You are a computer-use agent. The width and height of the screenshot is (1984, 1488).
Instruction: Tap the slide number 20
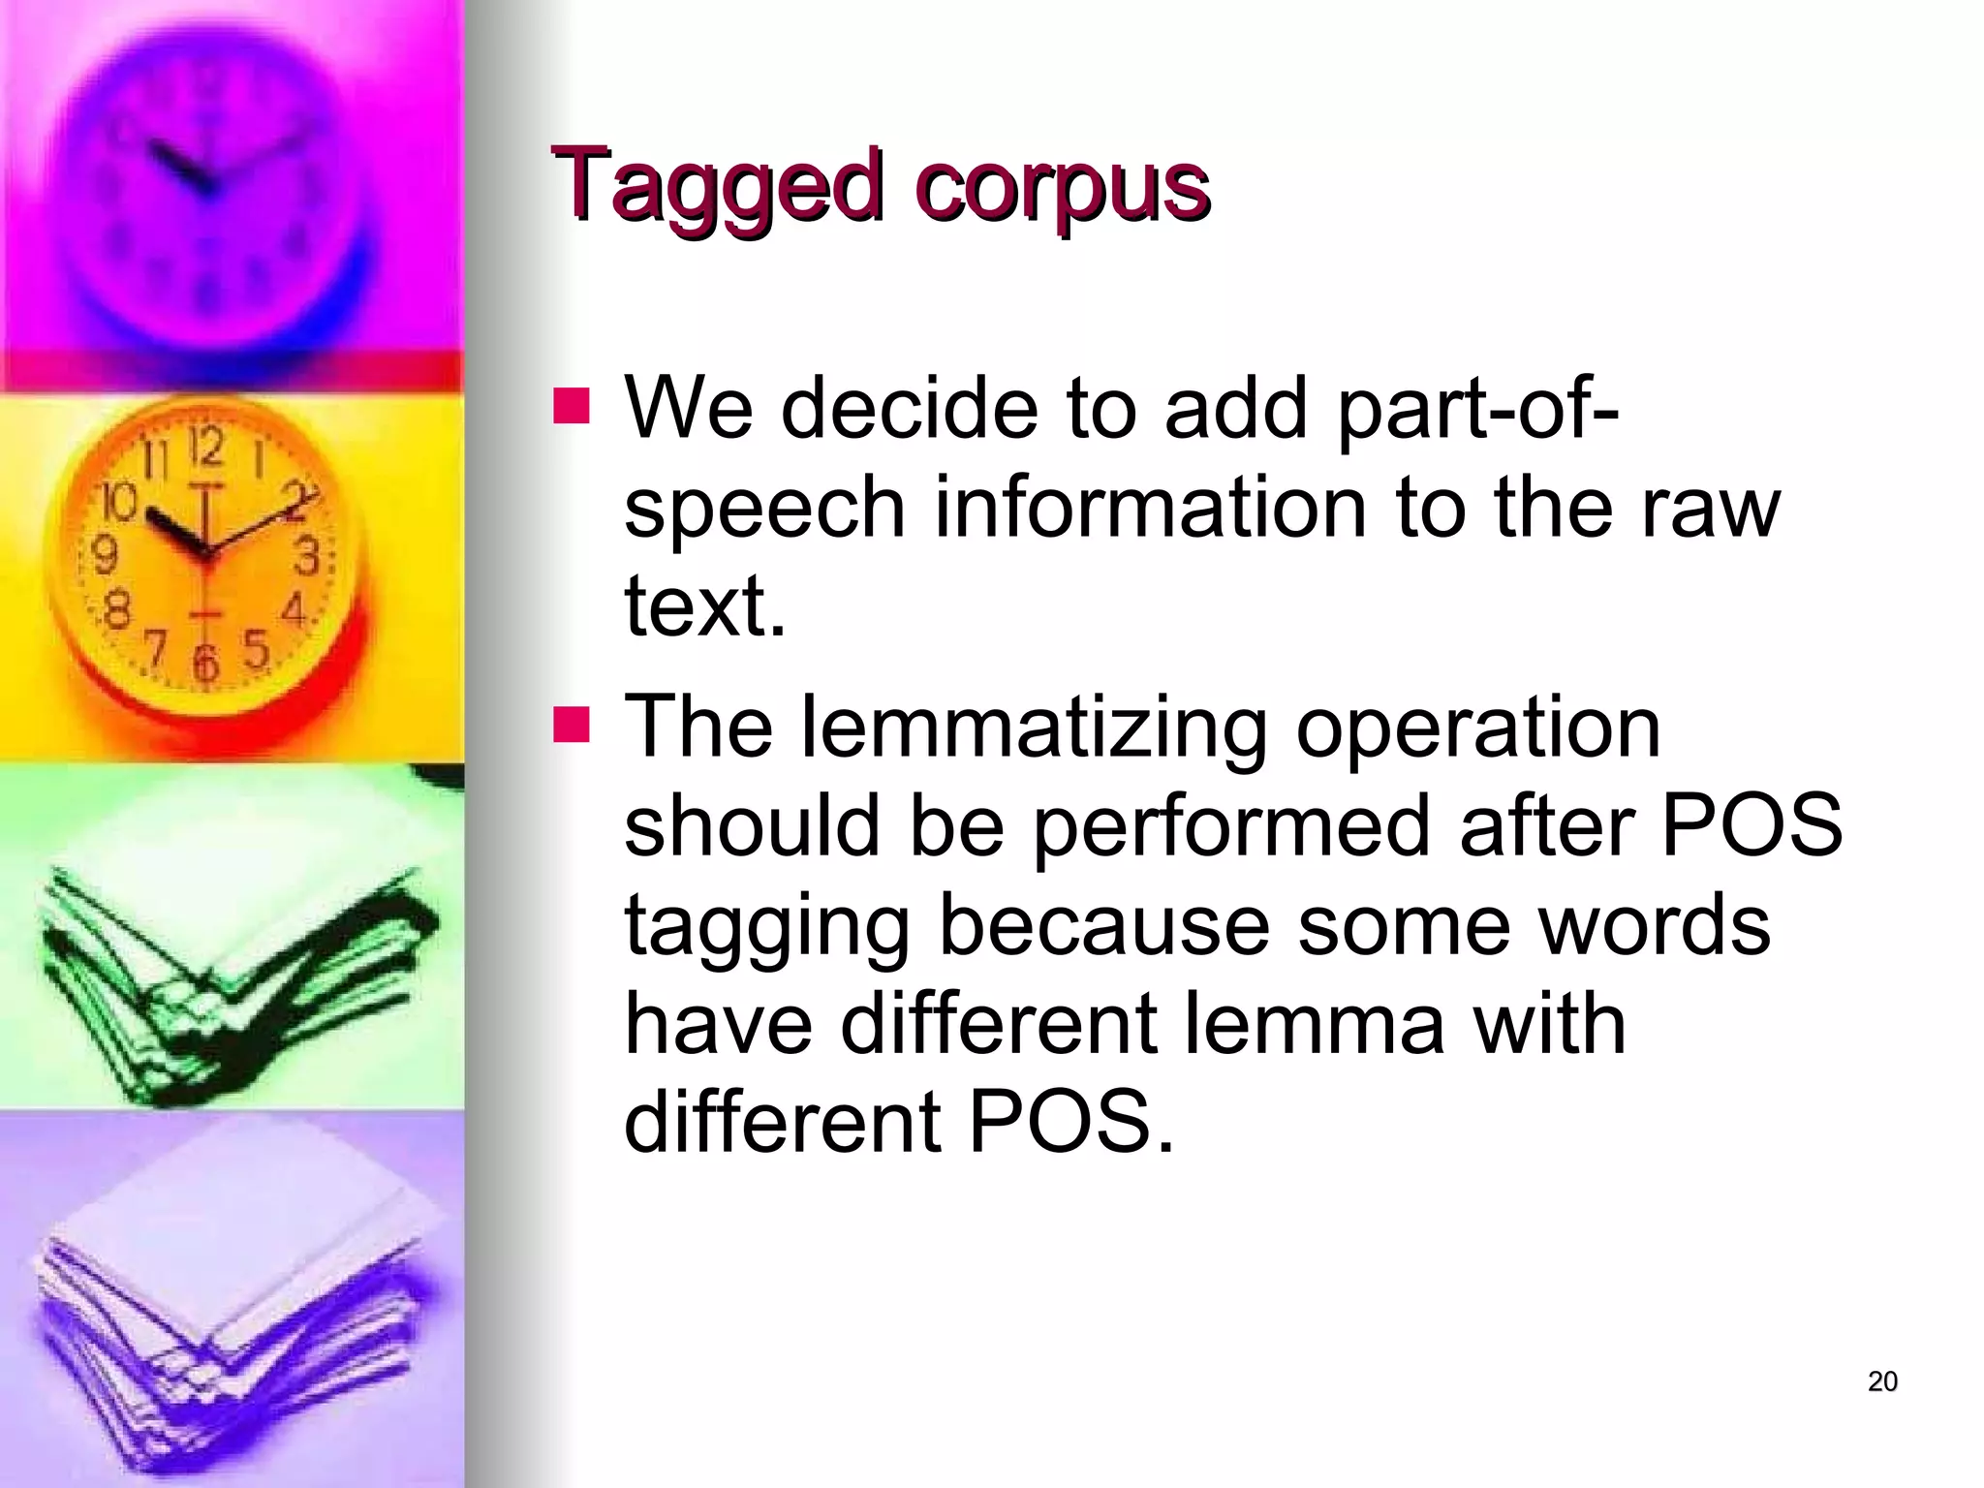[x=1881, y=1381]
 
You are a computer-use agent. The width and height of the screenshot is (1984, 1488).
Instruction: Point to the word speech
[x=764, y=509]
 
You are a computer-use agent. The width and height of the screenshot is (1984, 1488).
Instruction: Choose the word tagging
[x=766, y=928]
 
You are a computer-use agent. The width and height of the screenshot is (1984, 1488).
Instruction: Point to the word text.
[x=703, y=607]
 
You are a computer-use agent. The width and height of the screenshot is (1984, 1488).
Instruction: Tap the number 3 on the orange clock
[x=307, y=558]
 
